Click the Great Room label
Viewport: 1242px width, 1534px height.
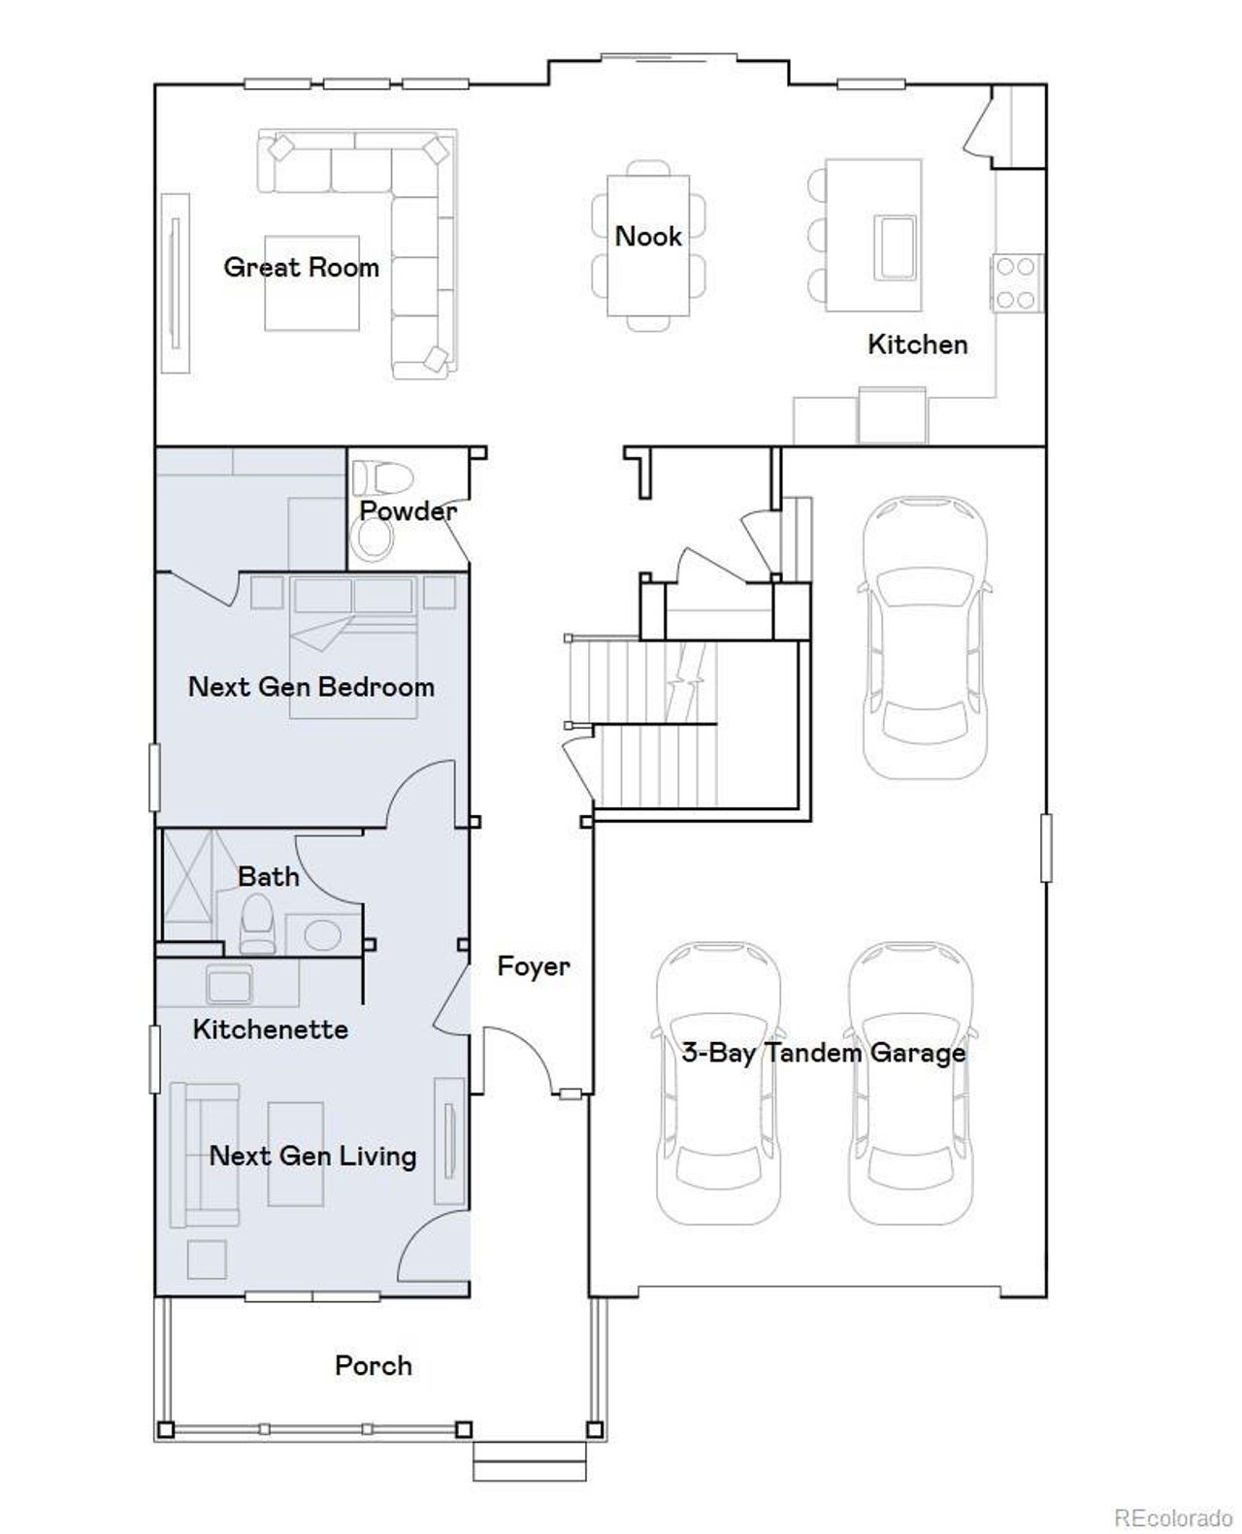pyautogui.click(x=301, y=267)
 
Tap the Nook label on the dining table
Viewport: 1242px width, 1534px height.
pyautogui.click(x=648, y=236)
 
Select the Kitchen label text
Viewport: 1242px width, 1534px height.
pyautogui.click(x=917, y=344)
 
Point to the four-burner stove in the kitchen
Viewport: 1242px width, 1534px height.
pyautogui.click(x=1016, y=282)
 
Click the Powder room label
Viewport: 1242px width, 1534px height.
pyautogui.click(x=408, y=510)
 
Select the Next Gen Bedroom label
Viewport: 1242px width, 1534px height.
pyautogui.click(x=310, y=687)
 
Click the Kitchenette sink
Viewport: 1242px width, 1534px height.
pyautogui.click(x=229, y=985)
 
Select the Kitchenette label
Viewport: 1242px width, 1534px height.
pyautogui.click(x=270, y=1029)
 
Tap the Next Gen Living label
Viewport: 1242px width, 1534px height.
pyautogui.click(x=312, y=1156)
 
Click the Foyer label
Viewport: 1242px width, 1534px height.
pyautogui.click(x=533, y=966)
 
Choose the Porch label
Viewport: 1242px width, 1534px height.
pyautogui.click(x=373, y=1366)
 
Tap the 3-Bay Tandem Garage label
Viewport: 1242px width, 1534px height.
pyautogui.click(x=823, y=1053)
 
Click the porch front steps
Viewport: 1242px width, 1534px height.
pyautogui.click(x=530, y=1460)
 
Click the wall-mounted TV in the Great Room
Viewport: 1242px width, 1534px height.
pyautogui.click(x=176, y=281)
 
